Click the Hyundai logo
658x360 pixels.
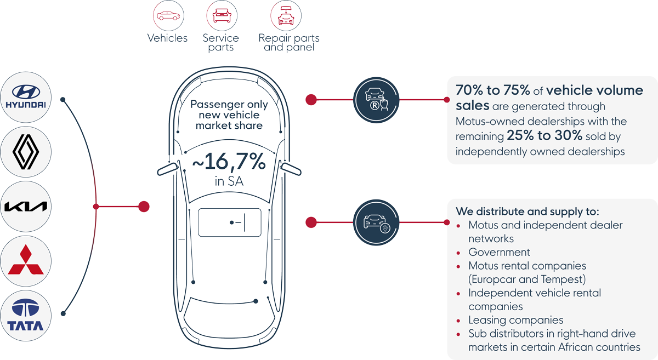[26, 97]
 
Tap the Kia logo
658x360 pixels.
[26, 207]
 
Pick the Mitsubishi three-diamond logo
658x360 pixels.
[26, 260]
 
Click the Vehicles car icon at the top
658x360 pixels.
[168, 16]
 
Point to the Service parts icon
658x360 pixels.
[220, 16]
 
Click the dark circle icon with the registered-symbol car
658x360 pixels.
[376, 99]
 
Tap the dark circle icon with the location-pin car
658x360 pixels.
[376, 222]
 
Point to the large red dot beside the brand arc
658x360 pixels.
[144, 207]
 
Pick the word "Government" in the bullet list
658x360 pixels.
[499, 252]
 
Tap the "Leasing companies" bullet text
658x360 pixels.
[515, 320]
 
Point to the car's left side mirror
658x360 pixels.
[167, 169]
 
